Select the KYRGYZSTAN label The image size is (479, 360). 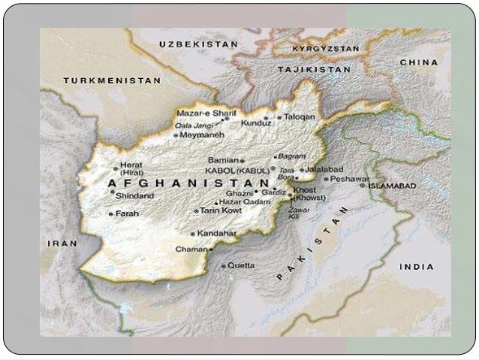326,47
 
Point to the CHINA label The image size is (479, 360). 419,62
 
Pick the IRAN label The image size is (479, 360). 62,244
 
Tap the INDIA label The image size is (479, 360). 416,267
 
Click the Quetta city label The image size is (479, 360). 241,265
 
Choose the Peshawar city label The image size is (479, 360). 350,179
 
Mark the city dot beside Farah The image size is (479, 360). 111,214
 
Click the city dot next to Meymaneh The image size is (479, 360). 176,136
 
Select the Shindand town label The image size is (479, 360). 135,196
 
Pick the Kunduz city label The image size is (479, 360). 256,122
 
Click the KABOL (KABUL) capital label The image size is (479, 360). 237,171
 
